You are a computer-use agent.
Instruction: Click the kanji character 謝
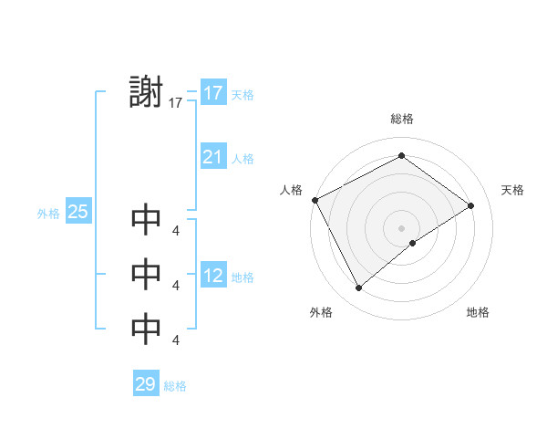coord(146,92)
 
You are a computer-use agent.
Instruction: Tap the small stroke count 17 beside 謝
coord(176,104)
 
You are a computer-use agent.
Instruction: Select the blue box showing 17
coord(213,93)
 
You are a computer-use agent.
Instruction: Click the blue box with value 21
coord(213,157)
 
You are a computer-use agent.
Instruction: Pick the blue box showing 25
coord(78,212)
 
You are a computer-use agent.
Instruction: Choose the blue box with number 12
coord(213,276)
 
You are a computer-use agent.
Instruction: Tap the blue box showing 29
coord(146,384)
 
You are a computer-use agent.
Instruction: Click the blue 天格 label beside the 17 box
coord(243,95)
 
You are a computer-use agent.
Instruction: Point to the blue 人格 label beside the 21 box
coord(243,159)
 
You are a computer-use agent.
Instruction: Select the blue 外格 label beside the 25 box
coord(48,214)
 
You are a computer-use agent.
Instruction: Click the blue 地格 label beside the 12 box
coord(243,277)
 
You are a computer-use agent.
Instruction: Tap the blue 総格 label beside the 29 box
coord(175,386)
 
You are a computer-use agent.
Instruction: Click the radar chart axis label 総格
coord(401,118)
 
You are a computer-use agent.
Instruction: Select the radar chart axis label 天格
coord(512,190)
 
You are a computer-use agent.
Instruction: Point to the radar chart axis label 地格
coord(478,312)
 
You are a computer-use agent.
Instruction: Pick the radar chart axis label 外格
coord(321,312)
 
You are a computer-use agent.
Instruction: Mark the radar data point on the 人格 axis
coord(315,200)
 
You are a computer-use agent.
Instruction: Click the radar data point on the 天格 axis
coord(471,205)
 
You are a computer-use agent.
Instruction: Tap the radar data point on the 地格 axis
coord(413,243)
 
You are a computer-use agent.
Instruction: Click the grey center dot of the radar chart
coord(401,227)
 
